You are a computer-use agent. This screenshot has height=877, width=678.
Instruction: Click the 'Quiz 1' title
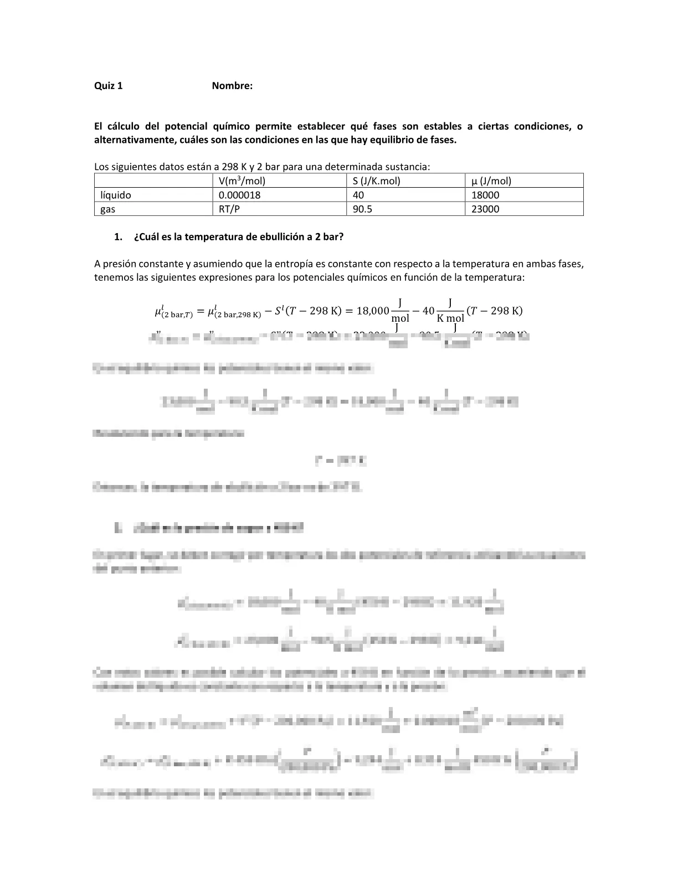(109, 86)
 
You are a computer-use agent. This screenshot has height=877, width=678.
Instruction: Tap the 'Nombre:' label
(232, 86)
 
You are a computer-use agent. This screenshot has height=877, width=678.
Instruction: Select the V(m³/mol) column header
(242, 180)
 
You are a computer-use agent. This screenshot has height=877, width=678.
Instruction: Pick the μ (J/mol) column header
(491, 180)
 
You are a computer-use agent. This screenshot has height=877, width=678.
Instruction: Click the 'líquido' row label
(116, 195)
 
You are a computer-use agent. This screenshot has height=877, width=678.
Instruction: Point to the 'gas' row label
(108, 209)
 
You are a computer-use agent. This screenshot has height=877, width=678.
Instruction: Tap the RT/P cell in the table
(229, 209)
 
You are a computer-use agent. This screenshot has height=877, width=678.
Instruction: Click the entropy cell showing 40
(358, 195)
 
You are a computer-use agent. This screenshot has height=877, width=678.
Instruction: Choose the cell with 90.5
(362, 209)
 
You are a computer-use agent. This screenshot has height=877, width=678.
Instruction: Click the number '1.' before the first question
(117, 237)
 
